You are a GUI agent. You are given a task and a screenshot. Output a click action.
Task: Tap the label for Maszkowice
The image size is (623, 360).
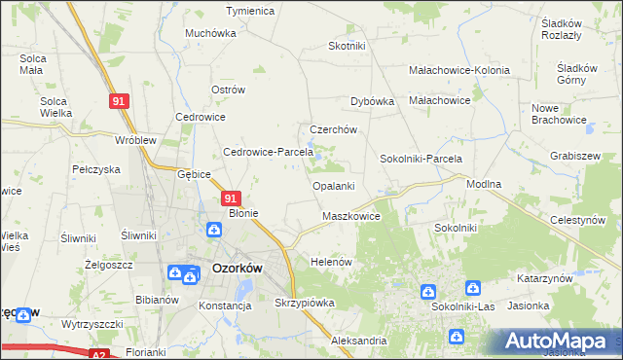click(x=350, y=216)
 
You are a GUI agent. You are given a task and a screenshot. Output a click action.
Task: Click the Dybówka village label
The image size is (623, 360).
click(x=371, y=100)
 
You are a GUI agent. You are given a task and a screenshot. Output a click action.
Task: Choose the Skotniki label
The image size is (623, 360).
click(x=347, y=46)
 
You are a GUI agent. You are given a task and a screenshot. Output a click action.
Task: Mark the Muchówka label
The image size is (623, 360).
click(x=211, y=32)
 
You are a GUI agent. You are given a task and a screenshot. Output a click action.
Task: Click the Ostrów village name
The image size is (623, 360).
click(x=227, y=90)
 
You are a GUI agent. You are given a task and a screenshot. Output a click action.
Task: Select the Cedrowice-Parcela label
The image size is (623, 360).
click(x=268, y=152)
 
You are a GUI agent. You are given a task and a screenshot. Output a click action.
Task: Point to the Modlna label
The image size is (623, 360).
click(x=484, y=184)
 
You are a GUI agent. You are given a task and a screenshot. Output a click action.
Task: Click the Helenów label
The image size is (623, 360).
click(x=330, y=263)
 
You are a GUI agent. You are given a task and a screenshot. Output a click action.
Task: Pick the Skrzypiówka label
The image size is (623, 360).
click(x=305, y=303)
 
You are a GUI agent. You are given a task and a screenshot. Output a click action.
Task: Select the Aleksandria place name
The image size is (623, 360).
click(x=358, y=342)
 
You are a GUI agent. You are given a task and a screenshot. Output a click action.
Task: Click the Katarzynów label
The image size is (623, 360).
click(x=543, y=278)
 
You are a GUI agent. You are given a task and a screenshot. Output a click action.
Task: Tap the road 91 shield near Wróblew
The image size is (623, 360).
click(x=118, y=101)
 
